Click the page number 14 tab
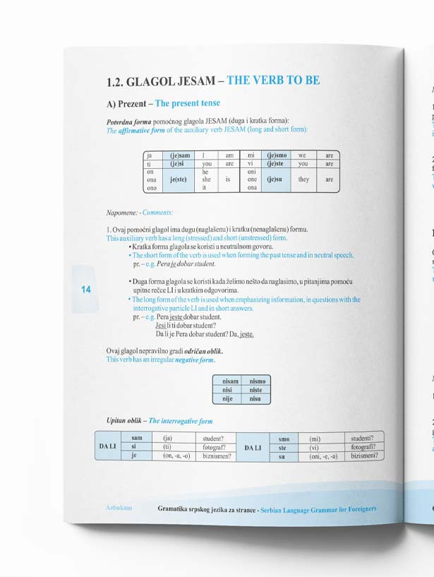coord(86,290)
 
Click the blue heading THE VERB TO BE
coord(273,81)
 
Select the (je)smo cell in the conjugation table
coord(276,155)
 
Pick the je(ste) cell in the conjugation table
coord(180,179)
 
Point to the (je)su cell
coord(275,179)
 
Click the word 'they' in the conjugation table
coord(303,179)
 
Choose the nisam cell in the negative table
coord(227,381)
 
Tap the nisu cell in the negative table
coord(255,399)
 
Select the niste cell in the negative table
coord(255,390)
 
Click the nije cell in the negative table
coord(227,399)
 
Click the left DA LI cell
coord(108,446)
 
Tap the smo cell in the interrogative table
coord(284,439)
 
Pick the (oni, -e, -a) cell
coord(323,456)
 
